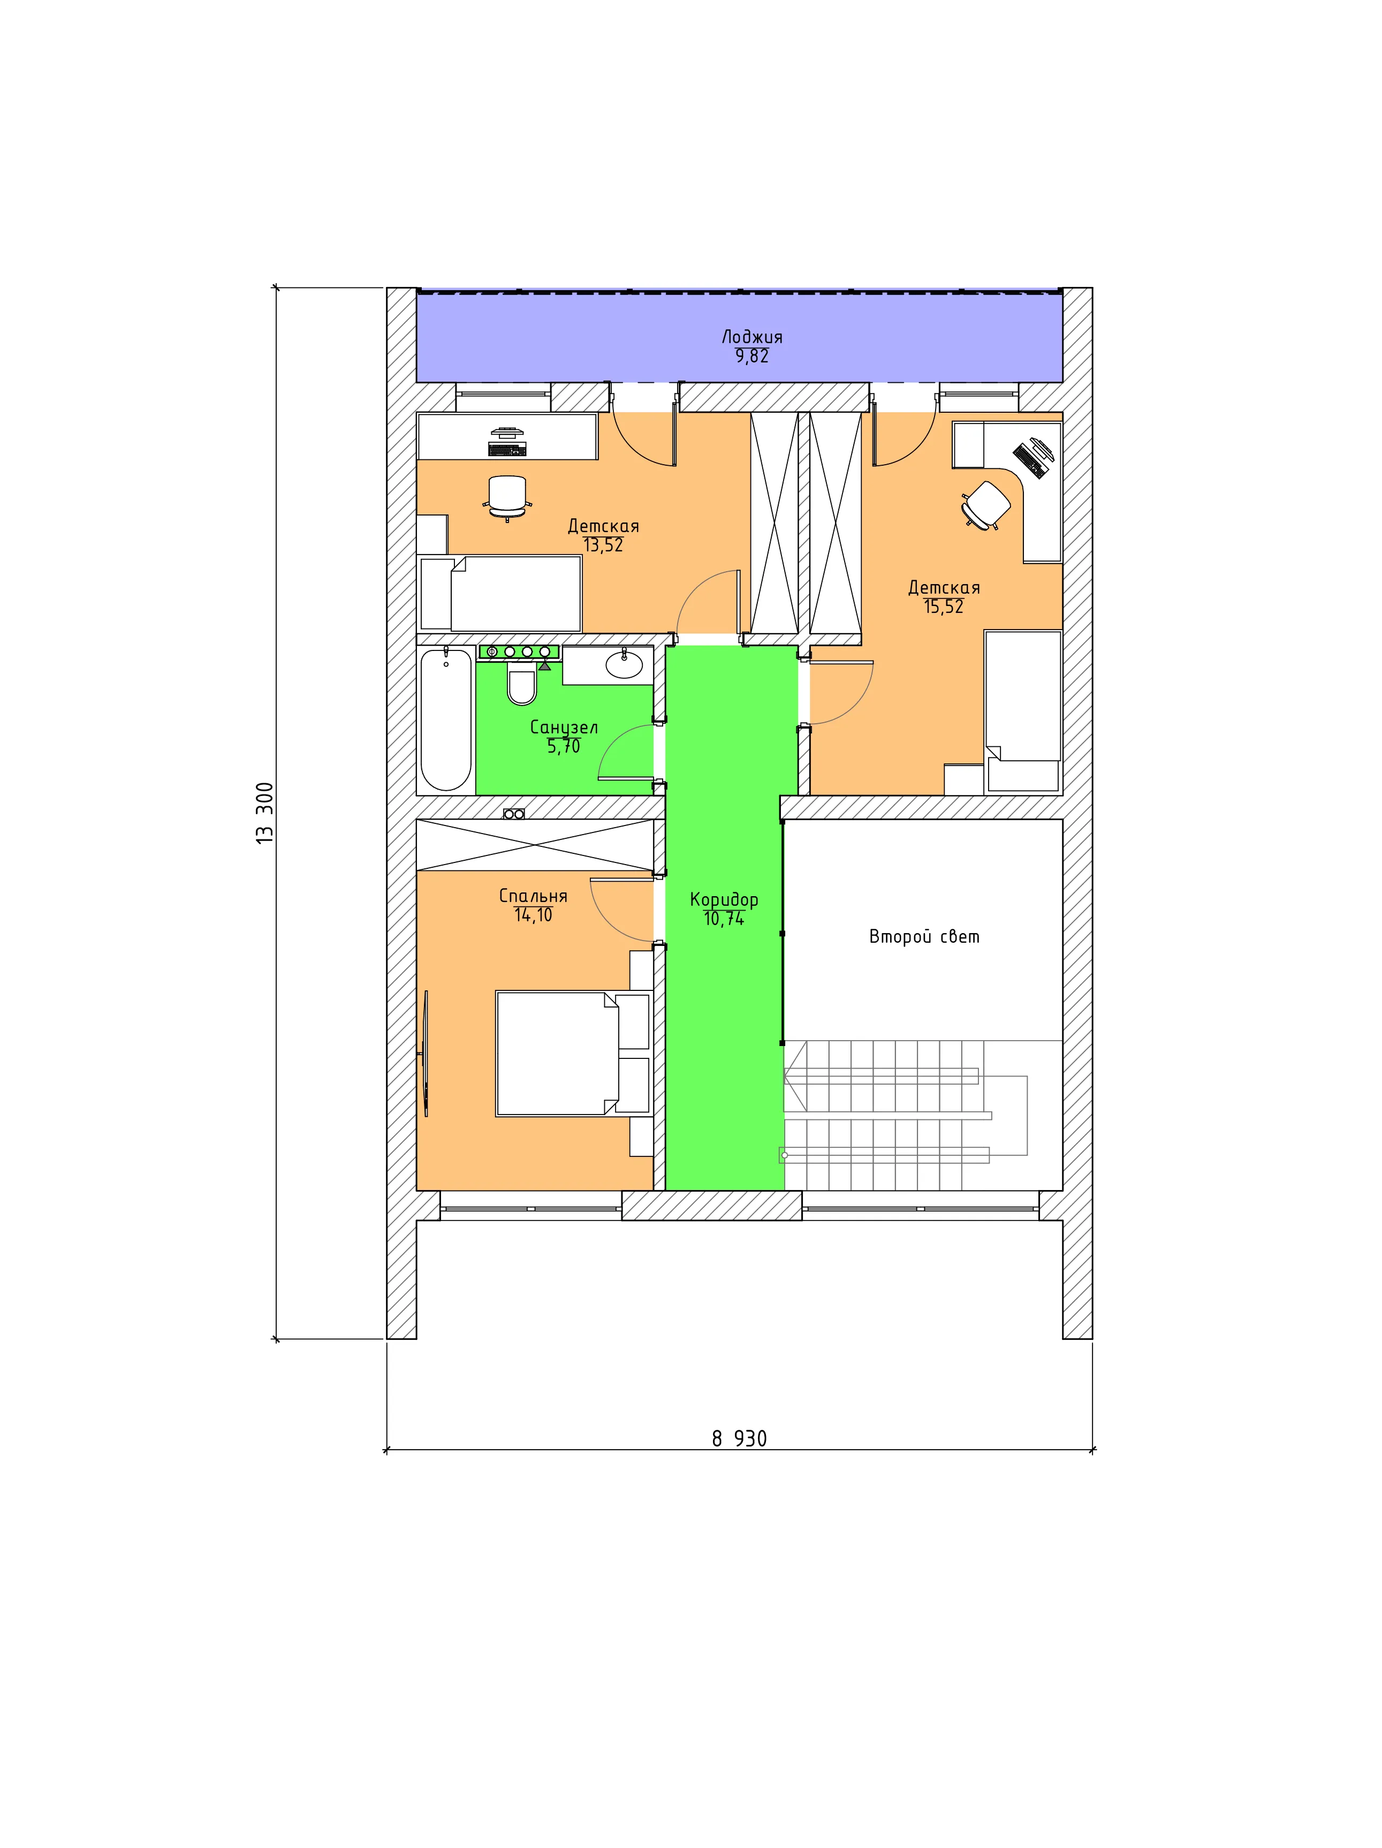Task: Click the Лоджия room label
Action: [x=751, y=337]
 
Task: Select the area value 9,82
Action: [x=751, y=356]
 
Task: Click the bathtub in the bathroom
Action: [x=446, y=719]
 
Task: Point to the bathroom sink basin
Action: [x=624, y=664]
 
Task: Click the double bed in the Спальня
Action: [x=573, y=1054]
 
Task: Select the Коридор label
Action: [x=724, y=900]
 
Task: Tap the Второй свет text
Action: [x=924, y=936]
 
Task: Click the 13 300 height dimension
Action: [x=265, y=813]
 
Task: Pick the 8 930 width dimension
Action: [x=739, y=1438]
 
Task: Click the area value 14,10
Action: [x=534, y=915]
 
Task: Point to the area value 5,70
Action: [x=564, y=746]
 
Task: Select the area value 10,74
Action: [x=724, y=919]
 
